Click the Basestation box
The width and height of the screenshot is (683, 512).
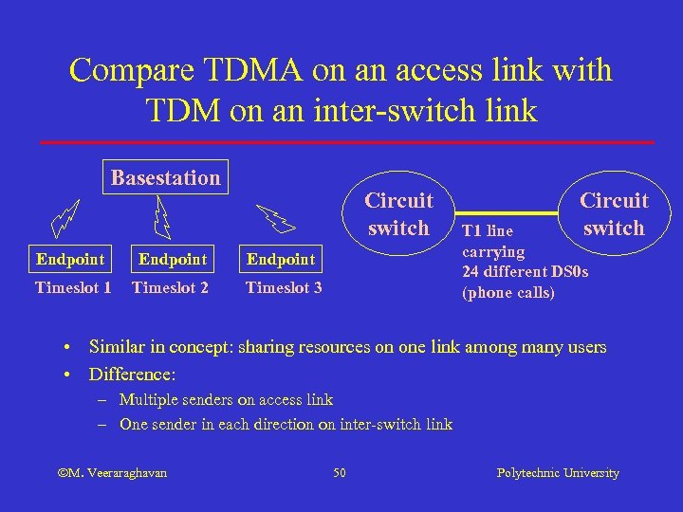tap(165, 177)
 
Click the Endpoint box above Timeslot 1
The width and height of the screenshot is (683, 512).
tap(69, 259)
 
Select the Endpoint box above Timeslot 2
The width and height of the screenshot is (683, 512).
tap(172, 259)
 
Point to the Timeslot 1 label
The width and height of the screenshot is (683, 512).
tap(73, 287)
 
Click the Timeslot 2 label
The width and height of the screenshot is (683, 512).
tap(170, 287)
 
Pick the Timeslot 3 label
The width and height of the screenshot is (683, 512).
tap(284, 287)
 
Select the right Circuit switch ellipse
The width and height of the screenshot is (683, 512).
tap(614, 214)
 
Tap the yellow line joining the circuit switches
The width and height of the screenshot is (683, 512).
tap(512, 210)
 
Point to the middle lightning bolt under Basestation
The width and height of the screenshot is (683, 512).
tap(162, 217)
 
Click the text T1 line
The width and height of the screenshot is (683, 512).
tap(487, 230)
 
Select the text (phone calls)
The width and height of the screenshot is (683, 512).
tap(508, 293)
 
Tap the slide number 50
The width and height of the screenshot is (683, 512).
tap(340, 472)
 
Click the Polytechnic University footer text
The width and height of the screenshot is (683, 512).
tap(558, 472)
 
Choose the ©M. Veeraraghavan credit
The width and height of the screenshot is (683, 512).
tap(112, 472)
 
